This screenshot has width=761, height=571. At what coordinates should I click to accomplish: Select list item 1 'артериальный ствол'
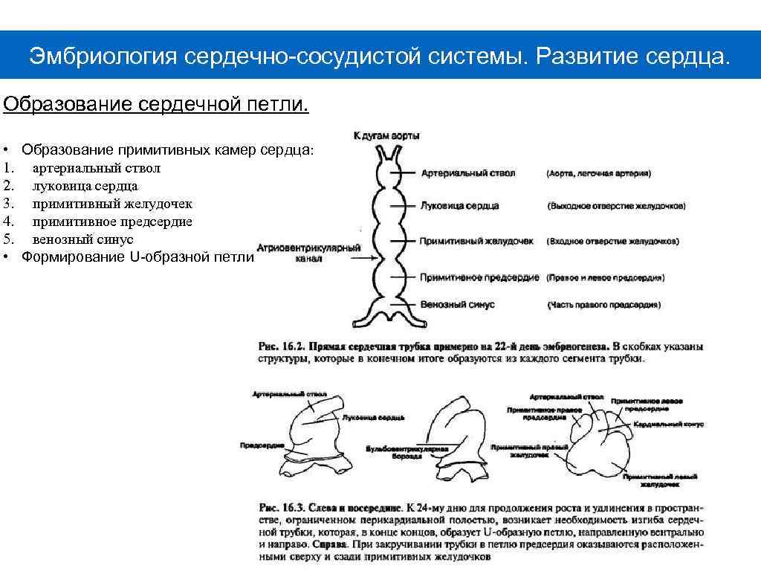click(97, 168)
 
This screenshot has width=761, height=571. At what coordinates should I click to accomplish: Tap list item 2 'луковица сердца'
click(85, 186)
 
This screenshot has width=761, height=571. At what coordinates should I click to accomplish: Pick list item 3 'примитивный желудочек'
click(112, 204)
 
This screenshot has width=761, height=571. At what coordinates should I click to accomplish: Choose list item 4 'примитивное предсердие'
click(112, 222)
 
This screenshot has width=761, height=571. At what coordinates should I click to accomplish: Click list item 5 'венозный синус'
click(82, 239)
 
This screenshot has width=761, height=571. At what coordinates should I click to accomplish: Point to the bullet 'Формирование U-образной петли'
click(137, 257)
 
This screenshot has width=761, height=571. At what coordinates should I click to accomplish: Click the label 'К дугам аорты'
click(386, 135)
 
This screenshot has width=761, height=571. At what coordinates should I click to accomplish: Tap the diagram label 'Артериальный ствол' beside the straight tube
click(468, 172)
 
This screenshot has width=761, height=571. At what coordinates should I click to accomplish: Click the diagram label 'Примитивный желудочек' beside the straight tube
click(476, 242)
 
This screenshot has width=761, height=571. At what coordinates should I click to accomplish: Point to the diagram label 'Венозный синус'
click(457, 305)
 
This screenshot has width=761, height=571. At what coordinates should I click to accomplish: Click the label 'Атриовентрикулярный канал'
click(308, 254)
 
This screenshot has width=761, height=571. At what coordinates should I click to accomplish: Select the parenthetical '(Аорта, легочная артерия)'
click(598, 173)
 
